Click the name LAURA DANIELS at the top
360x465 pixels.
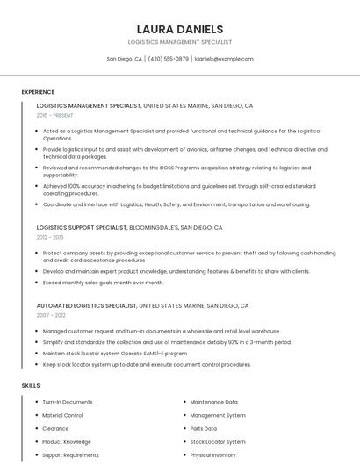pos(180,29)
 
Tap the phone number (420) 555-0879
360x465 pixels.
pos(168,59)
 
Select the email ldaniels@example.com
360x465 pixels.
pos(224,59)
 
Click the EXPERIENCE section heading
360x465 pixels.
pos(38,92)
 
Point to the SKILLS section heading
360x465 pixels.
pos(31,385)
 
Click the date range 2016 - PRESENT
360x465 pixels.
pos(55,115)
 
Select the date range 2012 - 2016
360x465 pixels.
pos(50,237)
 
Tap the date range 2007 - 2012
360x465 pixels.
pos(51,315)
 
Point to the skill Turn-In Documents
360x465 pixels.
pos(68,402)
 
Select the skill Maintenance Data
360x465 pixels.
pos(213,402)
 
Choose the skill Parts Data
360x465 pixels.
pos(204,428)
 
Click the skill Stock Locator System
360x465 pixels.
pos(218,442)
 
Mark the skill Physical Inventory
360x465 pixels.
pos(213,455)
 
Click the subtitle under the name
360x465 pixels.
pos(180,41)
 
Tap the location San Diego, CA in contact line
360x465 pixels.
pos(124,59)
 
